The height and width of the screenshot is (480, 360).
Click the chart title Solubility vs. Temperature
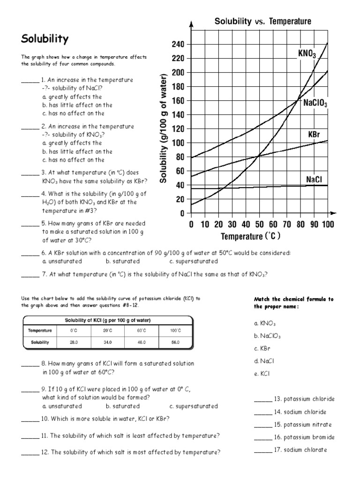(262, 22)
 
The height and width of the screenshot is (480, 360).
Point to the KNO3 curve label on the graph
(307, 54)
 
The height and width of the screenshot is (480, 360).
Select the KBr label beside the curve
(314, 135)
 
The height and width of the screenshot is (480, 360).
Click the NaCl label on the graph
(314, 179)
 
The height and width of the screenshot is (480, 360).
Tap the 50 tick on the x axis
(259, 225)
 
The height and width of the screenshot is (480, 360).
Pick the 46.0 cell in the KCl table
(142, 342)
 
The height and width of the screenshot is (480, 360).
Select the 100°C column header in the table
(175, 330)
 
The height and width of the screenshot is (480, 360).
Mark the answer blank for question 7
(30, 275)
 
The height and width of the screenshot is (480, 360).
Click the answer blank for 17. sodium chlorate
(262, 450)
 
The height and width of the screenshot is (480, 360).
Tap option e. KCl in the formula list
(262, 374)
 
